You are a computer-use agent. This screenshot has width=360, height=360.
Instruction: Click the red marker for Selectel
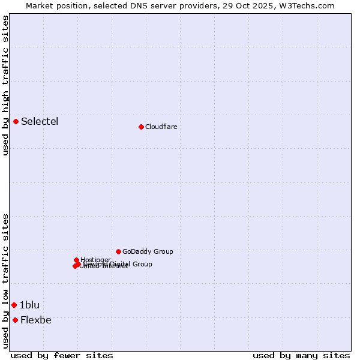(16, 122)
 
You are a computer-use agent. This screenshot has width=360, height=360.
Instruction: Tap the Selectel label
(40, 122)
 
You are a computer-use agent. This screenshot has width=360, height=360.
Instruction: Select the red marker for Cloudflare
(141, 127)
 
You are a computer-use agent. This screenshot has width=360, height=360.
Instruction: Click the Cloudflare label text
(161, 127)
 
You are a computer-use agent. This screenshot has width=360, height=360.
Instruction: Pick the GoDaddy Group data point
(118, 251)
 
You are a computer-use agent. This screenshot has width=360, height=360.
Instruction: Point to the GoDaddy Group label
(148, 251)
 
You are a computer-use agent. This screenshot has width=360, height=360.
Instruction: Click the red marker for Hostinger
(77, 260)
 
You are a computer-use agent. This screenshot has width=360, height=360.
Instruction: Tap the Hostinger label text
(95, 260)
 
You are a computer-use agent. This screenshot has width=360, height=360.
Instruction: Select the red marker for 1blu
(14, 305)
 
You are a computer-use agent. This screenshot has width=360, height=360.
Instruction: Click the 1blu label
(29, 305)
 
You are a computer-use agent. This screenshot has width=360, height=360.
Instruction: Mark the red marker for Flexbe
(15, 320)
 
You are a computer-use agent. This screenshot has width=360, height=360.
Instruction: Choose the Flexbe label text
(36, 320)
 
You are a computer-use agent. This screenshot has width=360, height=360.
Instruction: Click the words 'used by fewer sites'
(62, 355)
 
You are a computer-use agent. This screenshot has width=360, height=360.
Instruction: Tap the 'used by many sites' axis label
(301, 355)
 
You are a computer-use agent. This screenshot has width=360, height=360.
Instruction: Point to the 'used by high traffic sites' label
(5, 85)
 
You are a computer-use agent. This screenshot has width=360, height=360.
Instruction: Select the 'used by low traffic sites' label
(5, 281)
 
